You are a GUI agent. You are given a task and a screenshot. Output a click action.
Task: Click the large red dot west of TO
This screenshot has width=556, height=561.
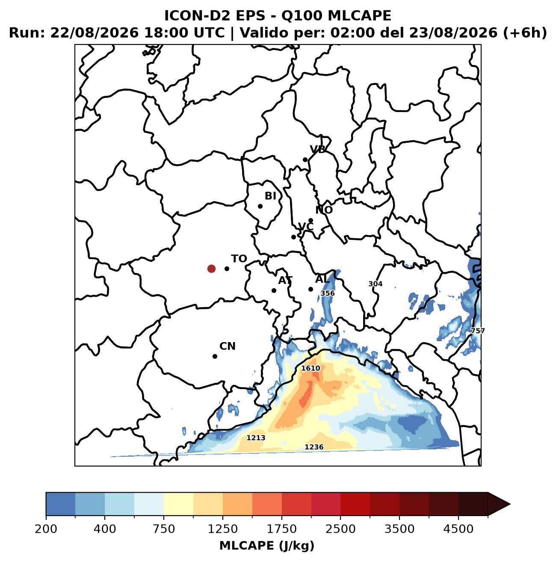tap(211, 269)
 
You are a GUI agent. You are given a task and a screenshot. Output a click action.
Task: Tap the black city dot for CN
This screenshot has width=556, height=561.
tap(215, 356)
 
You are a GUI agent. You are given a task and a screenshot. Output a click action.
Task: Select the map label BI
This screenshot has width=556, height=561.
tap(270, 196)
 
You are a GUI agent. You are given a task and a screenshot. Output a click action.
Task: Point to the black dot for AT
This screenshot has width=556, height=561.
tap(274, 290)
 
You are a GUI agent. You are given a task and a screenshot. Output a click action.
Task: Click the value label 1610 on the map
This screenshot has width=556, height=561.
tap(311, 368)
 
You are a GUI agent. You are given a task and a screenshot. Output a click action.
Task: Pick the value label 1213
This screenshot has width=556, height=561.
tap(256, 438)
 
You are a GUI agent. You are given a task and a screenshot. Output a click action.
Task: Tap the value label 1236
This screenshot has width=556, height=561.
tap(314, 447)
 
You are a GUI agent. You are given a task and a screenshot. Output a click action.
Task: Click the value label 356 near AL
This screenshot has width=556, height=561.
tap(328, 293)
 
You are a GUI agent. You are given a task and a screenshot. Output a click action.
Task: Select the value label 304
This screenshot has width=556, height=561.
tap(376, 284)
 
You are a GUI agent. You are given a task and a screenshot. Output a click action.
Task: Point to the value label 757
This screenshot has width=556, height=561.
tap(478, 331)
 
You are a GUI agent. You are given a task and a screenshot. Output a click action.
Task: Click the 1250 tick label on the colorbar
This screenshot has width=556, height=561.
tap(223, 529)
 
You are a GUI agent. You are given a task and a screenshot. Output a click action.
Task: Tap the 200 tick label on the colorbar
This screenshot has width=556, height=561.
tap(46, 529)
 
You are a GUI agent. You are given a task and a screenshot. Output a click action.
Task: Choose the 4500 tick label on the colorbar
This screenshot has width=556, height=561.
tap(458, 529)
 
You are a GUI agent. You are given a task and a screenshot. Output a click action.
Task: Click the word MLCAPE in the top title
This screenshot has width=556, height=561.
tap(359, 16)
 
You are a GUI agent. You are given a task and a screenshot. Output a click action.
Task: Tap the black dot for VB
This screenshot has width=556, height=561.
tap(305, 159)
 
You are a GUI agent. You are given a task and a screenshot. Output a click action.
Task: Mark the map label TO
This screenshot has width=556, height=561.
tap(239, 259)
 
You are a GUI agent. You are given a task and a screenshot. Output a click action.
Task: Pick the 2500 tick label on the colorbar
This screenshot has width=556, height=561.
tap(340, 529)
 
